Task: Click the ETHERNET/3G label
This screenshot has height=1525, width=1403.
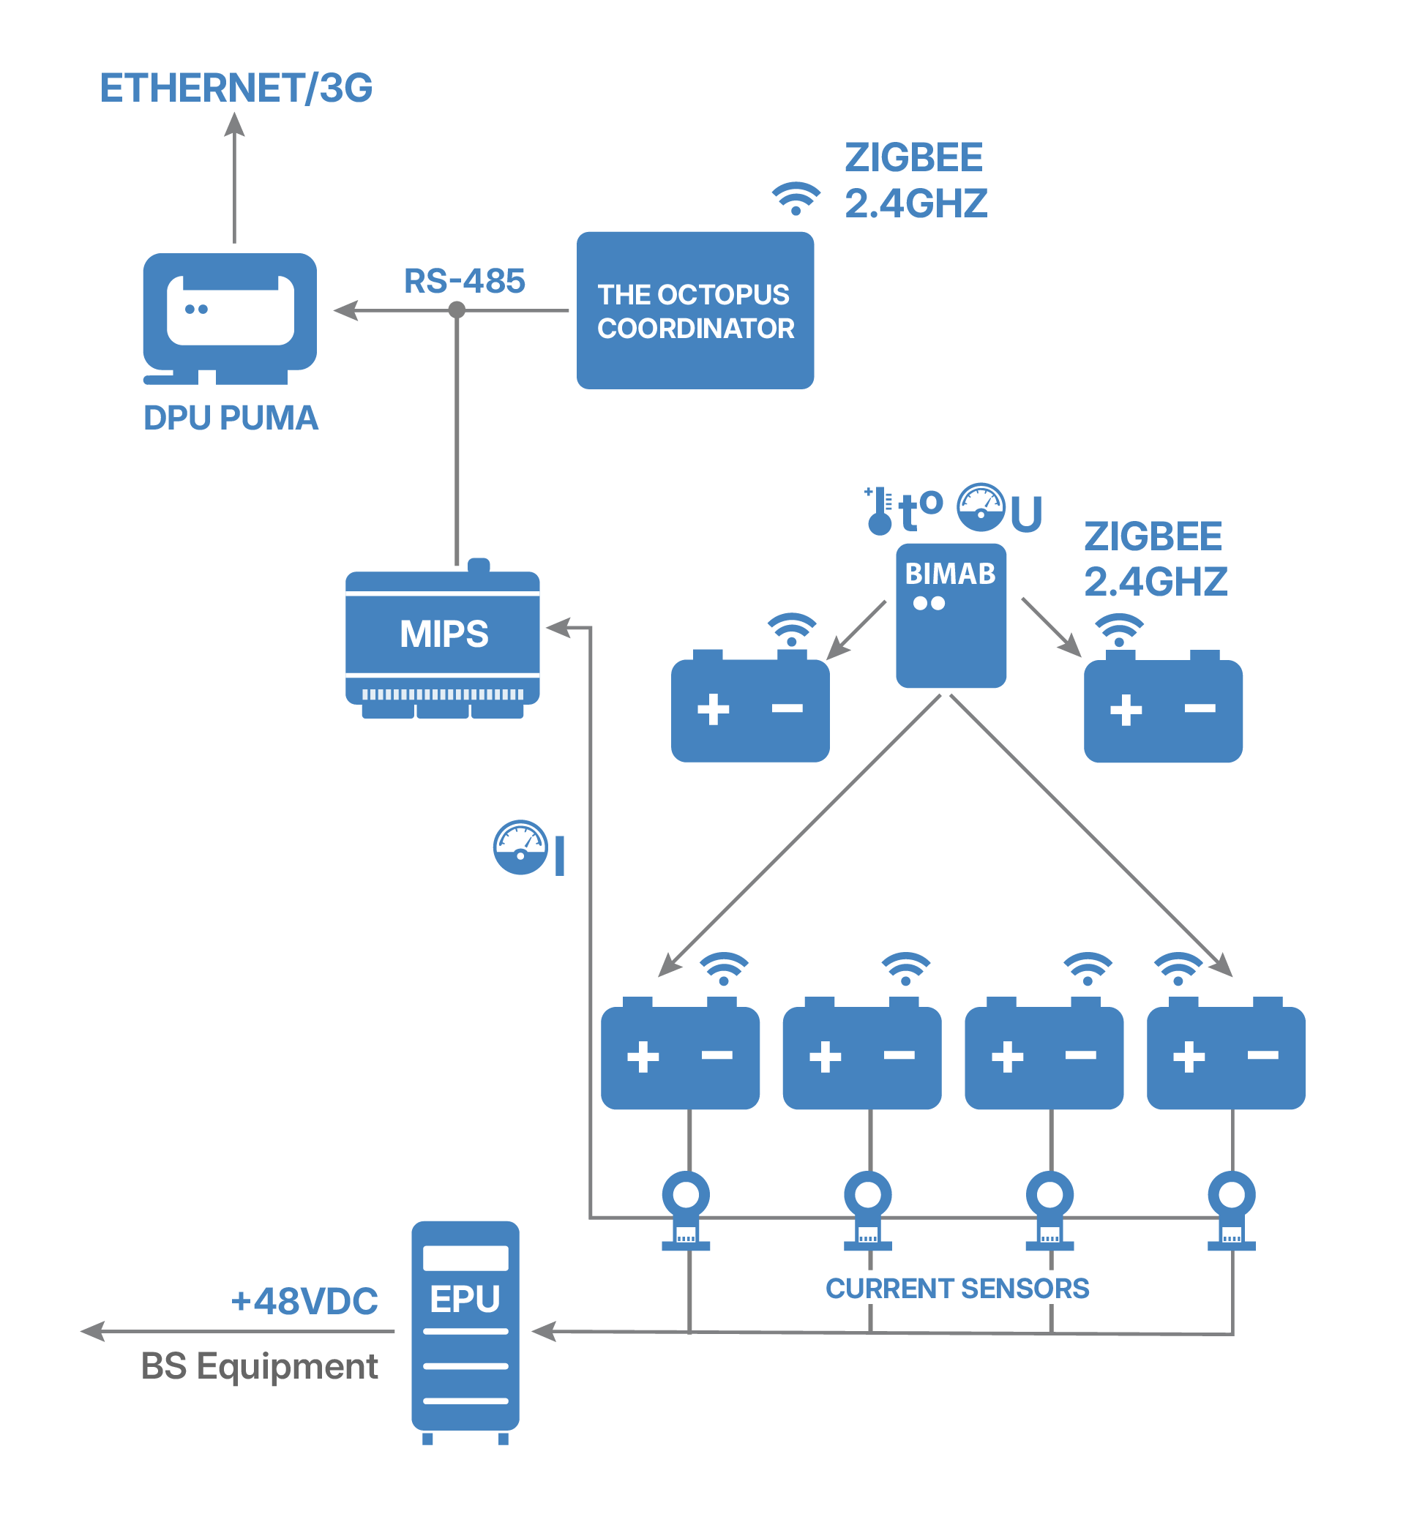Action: [x=236, y=88]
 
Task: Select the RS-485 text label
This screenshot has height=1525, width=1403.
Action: [x=464, y=281]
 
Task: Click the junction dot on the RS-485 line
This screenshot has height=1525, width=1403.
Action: [x=457, y=310]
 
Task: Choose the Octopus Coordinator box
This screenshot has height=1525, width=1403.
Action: [x=695, y=310]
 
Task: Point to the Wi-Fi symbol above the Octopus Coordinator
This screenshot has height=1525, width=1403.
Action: [x=796, y=199]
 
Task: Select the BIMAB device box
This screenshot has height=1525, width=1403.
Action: [x=951, y=615]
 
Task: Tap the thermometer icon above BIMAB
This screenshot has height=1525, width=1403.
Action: [x=879, y=512]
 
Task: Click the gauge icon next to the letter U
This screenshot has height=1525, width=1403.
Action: [x=980, y=507]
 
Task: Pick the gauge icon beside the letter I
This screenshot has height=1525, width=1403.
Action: [x=520, y=847]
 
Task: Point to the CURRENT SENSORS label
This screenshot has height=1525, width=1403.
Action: [x=957, y=1289]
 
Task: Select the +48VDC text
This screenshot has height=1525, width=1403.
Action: [x=304, y=1301]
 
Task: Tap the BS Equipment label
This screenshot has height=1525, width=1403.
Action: [x=259, y=1366]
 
